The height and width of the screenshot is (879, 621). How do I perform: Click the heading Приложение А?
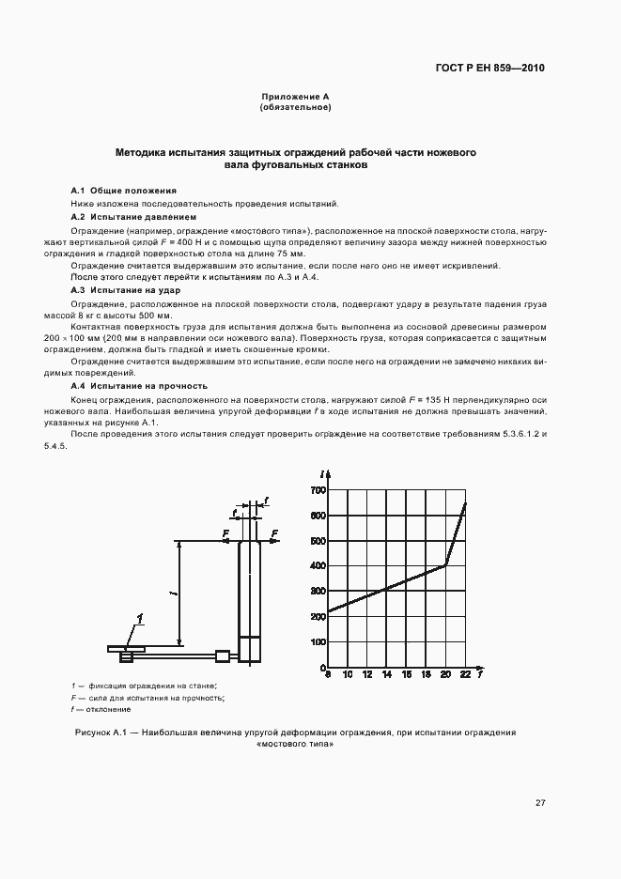coord(295,98)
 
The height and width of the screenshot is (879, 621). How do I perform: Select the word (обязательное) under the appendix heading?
coord(295,107)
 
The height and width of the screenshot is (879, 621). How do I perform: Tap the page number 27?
coord(540,802)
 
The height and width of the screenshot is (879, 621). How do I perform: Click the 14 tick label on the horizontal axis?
coord(387,675)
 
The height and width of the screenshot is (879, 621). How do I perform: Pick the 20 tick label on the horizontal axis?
coord(445,675)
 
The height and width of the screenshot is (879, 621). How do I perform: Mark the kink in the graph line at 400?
coord(444,565)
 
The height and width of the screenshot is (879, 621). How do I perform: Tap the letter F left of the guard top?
coord(225,532)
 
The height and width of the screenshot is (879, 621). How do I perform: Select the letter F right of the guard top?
coord(274,532)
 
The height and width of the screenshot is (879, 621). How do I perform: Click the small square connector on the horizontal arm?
coord(223,655)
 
